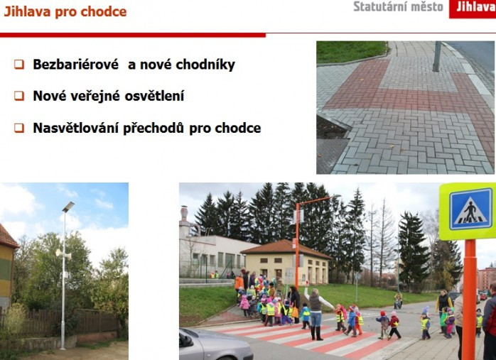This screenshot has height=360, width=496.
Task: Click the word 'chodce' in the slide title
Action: pyautogui.click(x=104, y=11)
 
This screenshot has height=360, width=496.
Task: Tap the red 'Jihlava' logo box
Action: pyautogui.click(x=473, y=9)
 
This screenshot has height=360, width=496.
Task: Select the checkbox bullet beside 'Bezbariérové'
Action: pyautogui.click(x=19, y=65)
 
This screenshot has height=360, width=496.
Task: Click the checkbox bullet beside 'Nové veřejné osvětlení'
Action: pyautogui.click(x=19, y=96)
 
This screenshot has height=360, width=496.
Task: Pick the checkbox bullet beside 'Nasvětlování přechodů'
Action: pyautogui.click(x=19, y=128)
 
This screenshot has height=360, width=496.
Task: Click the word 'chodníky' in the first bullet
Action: pyautogui.click(x=205, y=65)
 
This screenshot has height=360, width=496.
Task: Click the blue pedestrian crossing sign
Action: pyautogui.click(x=471, y=209)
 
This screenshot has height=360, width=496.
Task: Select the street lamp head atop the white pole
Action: pyautogui.click(x=68, y=207)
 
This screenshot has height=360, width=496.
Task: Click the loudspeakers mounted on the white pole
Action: pyautogui.click(x=63, y=253)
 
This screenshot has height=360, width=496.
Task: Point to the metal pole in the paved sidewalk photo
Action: pyautogui.click(x=437, y=56)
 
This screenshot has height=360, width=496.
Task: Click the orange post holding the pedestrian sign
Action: pyautogui.click(x=470, y=299)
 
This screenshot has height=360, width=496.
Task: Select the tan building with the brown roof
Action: pyautogui.click(x=286, y=262)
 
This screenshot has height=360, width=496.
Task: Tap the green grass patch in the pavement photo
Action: pyautogui.click(x=351, y=52)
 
